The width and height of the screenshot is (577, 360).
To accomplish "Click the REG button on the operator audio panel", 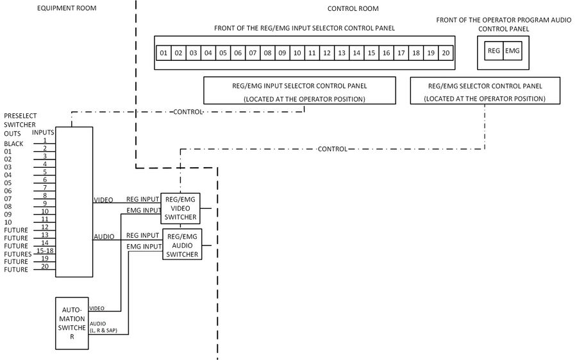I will [494, 51].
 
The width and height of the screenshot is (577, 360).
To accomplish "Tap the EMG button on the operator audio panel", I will [512, 51].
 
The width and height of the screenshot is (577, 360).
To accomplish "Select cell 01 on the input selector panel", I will [164, 53].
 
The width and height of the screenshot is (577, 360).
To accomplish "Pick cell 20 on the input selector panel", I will [446, 53].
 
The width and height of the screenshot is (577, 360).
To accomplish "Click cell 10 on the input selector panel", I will [297, 53].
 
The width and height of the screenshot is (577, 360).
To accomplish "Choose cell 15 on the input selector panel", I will [371, 53].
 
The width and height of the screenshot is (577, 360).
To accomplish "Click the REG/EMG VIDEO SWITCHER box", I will [181, 208].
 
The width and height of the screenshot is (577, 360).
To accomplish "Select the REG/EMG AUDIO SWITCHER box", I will [181, 245].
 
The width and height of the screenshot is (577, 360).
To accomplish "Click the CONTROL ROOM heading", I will [353, 8].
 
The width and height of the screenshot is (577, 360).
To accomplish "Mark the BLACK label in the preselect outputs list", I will [13, 144].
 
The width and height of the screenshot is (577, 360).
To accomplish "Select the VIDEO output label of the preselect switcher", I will [103, 200].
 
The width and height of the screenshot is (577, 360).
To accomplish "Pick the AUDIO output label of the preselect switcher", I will [104, 236].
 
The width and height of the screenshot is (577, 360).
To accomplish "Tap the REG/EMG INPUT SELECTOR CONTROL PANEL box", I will [305, 90].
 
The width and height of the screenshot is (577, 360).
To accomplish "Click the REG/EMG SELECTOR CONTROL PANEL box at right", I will [484, 90].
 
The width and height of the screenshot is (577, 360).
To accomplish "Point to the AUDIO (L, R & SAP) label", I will [108, 327].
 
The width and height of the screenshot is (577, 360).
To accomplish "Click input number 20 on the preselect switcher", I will [44, 266].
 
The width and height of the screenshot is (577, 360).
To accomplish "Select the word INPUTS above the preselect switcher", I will [43, 132].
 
